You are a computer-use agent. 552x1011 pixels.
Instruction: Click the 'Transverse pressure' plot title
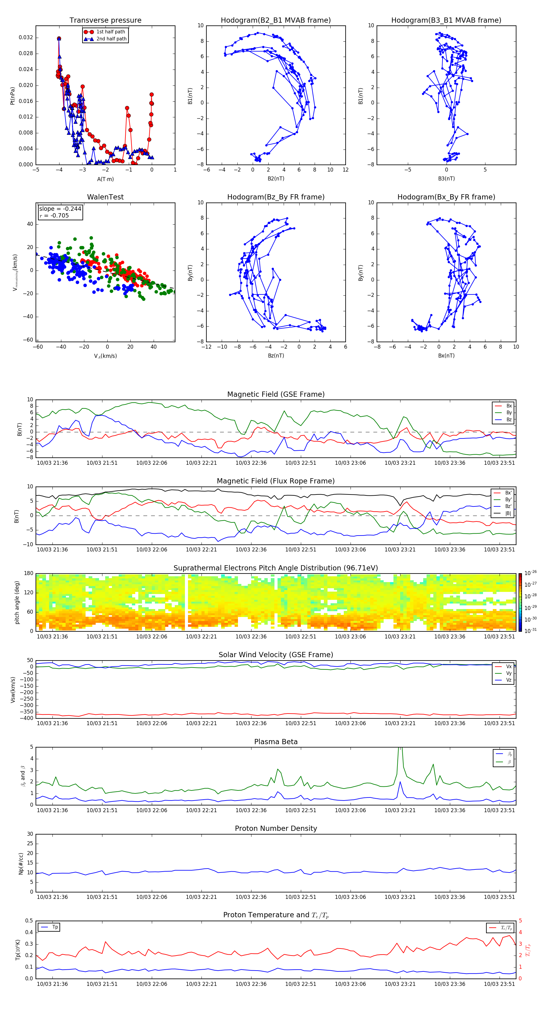105,21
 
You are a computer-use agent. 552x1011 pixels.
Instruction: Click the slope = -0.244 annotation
60,209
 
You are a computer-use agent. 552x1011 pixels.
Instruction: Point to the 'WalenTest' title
105,197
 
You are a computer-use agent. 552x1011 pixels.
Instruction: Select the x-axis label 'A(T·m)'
105,179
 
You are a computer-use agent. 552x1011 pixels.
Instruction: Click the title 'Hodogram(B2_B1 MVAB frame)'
275,21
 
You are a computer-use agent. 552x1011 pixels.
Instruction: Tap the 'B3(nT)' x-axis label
446,179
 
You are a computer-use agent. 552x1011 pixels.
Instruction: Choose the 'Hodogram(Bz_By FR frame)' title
275,197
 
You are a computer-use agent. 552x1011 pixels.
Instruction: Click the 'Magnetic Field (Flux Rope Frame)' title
275,481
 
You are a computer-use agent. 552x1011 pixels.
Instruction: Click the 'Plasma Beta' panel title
275,742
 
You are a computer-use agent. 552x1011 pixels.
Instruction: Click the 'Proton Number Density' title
275,828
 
